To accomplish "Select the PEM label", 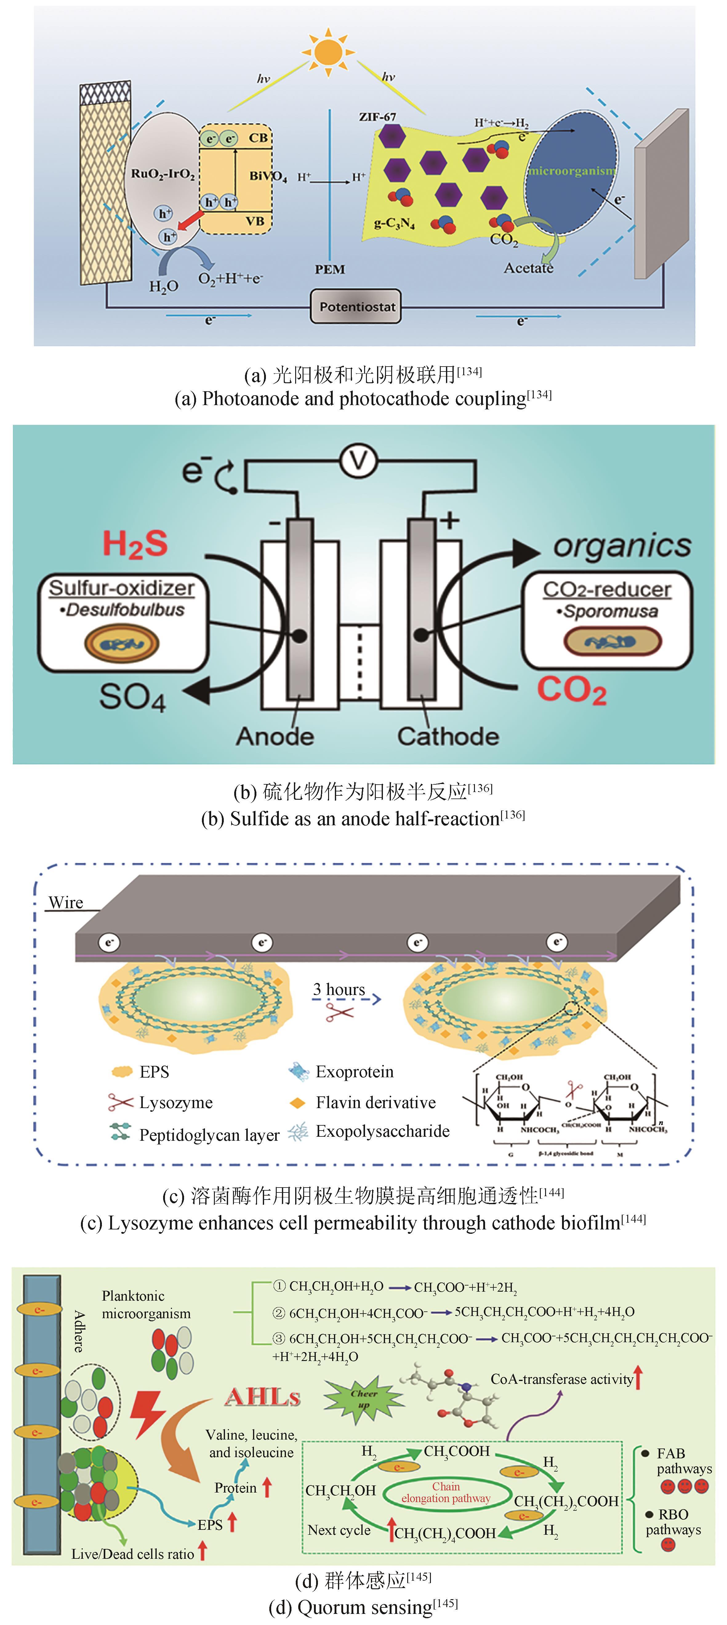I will (x=330, y=269).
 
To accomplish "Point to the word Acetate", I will (x=528, y=268).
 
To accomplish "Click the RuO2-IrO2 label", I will (x=163, y=173).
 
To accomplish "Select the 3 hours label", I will (x=339, y=989).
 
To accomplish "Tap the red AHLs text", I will (x=262, y=1397).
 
